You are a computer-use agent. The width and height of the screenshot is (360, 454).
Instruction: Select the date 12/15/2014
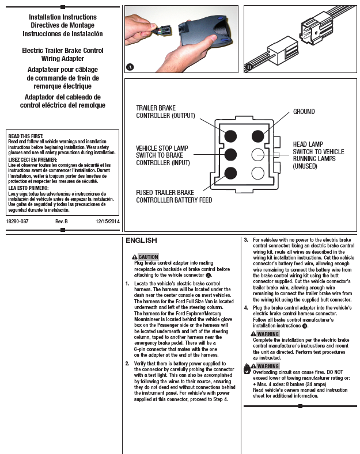point(107,221)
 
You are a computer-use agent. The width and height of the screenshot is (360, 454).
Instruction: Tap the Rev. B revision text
point(62,221)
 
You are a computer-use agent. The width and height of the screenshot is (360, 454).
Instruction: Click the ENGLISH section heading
point(141,241)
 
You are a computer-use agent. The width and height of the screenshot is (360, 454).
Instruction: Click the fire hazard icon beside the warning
point(247,368)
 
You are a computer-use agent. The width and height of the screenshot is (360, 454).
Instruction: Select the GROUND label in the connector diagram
point(304,111)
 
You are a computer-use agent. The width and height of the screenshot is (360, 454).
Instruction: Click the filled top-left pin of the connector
point(230,136)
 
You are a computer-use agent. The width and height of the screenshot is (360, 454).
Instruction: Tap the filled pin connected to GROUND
point(257,136)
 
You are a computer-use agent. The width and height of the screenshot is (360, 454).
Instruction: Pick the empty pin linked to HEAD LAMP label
point(257,154)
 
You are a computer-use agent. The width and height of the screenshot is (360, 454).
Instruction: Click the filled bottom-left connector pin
point(230,173)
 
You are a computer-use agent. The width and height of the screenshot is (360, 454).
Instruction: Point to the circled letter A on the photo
point(130,67)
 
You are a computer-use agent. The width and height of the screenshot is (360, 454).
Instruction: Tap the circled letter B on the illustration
point(249,67)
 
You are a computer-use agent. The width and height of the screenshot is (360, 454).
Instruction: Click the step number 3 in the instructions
point(246,239)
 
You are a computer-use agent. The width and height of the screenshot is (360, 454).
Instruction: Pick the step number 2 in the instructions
point(127,364)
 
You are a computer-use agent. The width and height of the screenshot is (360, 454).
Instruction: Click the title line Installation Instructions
point(62,17)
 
